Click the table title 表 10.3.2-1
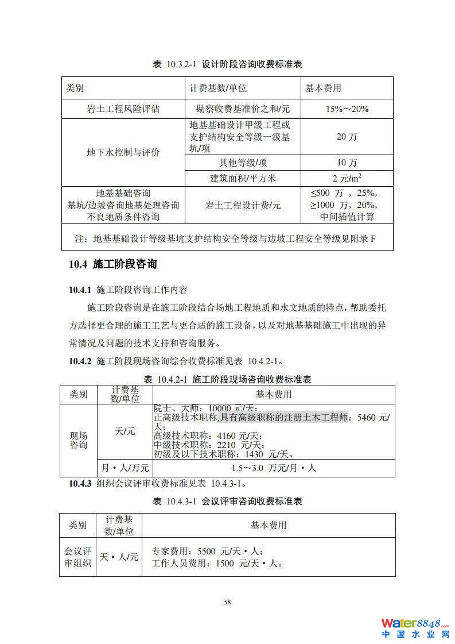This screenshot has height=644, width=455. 227,64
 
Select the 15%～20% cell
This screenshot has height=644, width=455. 347,109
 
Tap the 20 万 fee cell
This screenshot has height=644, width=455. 347,137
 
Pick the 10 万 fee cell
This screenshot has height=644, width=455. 347,163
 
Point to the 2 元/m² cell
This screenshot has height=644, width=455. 347,178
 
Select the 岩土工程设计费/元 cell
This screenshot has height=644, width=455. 243,205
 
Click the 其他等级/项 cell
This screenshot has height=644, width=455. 243,163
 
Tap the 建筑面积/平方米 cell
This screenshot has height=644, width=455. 243,178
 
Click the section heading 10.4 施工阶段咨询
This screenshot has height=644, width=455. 112,264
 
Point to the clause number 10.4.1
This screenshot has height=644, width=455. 80,289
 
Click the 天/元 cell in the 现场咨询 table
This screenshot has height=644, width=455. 125,431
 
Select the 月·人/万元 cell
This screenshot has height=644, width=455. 125,468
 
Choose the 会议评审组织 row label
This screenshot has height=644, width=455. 77,557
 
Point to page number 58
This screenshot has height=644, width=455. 227,602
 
